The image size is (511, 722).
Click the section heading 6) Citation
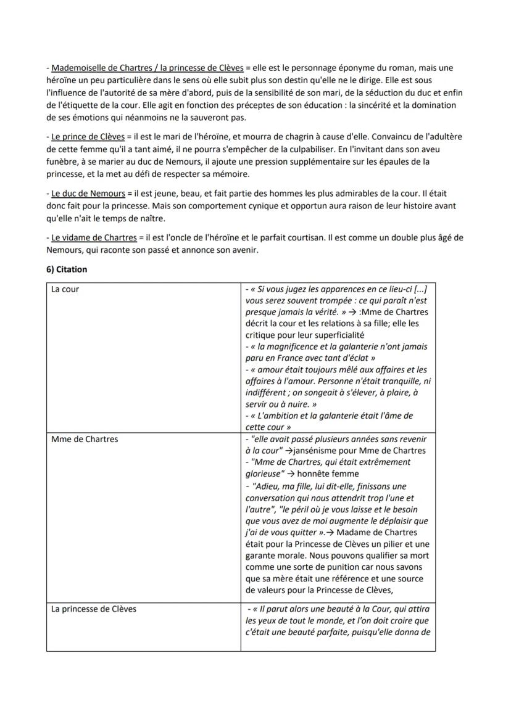67,269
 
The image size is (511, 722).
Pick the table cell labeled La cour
65,289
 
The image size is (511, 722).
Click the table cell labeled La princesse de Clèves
94,609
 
